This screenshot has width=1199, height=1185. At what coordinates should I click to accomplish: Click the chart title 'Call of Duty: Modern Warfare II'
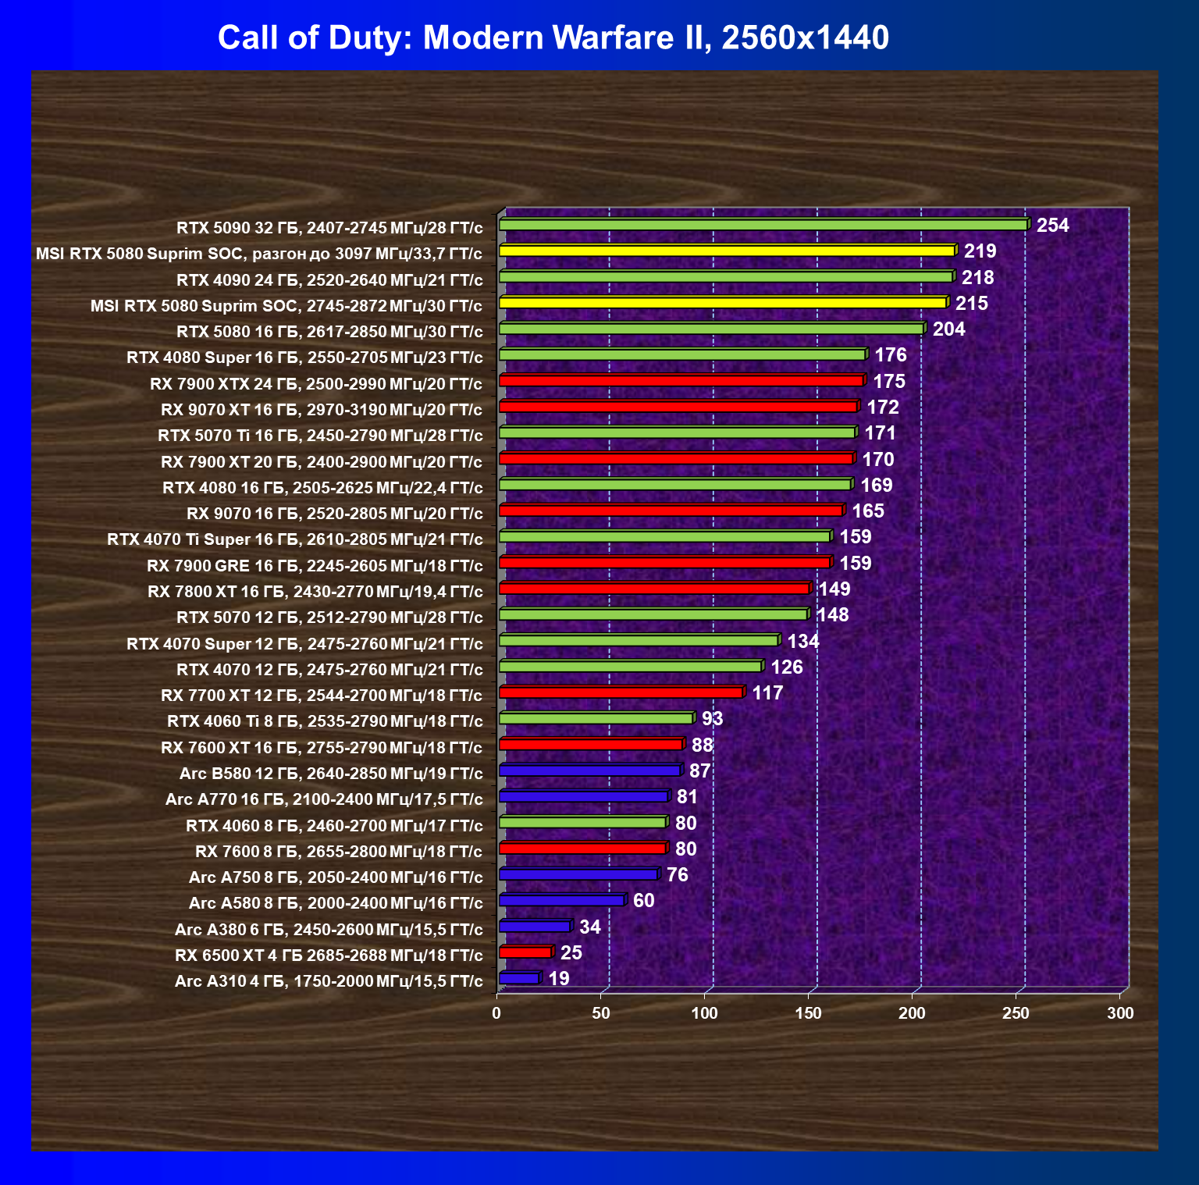[553, 37]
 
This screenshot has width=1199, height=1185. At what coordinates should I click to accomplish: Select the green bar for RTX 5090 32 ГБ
[763, 225]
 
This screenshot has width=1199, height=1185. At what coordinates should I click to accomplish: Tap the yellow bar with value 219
[726, 251]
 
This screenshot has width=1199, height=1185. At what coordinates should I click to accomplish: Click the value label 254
[1052, 226]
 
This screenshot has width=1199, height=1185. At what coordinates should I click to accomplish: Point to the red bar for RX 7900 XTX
[681, 381]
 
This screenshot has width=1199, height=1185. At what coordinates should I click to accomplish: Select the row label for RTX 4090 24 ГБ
[329, 279]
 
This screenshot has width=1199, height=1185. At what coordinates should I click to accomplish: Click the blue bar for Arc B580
[589, 770]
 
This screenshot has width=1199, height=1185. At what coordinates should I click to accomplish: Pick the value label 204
[948, 329]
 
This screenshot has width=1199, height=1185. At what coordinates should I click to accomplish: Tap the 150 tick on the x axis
[808, 1013]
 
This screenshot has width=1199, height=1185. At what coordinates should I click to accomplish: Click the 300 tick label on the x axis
[1120, 1013]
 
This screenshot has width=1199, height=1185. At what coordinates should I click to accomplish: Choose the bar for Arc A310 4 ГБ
[519, 978]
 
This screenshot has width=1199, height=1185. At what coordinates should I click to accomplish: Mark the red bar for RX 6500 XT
[525, 952]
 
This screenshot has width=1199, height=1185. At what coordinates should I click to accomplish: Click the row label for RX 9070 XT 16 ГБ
[322, 410]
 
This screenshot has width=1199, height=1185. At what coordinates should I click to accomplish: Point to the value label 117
[767, 693]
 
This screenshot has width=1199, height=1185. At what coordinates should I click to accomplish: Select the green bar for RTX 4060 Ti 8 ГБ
[596, 718]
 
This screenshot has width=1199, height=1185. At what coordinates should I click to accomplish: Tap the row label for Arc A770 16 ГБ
[324, 799]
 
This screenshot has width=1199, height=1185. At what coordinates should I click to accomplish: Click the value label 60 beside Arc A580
[643, 901]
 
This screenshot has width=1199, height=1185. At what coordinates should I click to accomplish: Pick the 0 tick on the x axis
[496, 1013]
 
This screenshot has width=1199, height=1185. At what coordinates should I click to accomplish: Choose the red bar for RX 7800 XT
[654, 589]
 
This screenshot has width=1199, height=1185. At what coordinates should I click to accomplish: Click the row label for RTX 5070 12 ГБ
[329, 617]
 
